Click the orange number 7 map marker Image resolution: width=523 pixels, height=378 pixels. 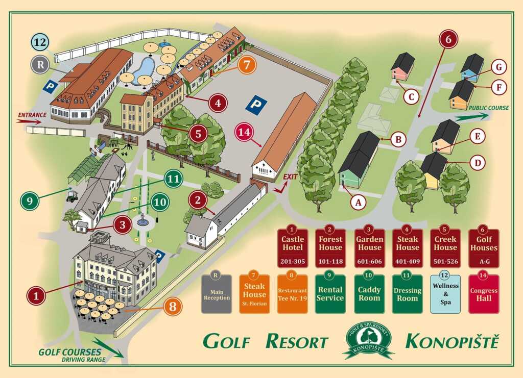pos(247,66)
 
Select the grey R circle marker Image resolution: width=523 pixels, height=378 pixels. pos(40,64)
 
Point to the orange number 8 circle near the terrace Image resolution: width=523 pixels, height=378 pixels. pos(173,306)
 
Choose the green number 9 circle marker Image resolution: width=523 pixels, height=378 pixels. pos(30,200)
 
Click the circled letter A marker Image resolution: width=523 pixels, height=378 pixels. pos(359,203)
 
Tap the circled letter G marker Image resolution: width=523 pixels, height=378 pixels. pos(498,67)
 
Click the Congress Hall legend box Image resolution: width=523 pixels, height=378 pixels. pos(483,294)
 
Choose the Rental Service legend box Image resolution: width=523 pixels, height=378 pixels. pos(330,294)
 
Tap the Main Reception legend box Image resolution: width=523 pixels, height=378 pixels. pos(217,294)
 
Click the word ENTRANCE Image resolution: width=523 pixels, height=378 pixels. pos(32,115)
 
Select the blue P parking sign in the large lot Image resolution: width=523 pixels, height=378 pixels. pos(256,105)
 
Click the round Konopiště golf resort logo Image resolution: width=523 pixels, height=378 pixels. pos(368,339)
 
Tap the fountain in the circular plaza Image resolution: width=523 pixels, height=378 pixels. pos(142,220)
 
